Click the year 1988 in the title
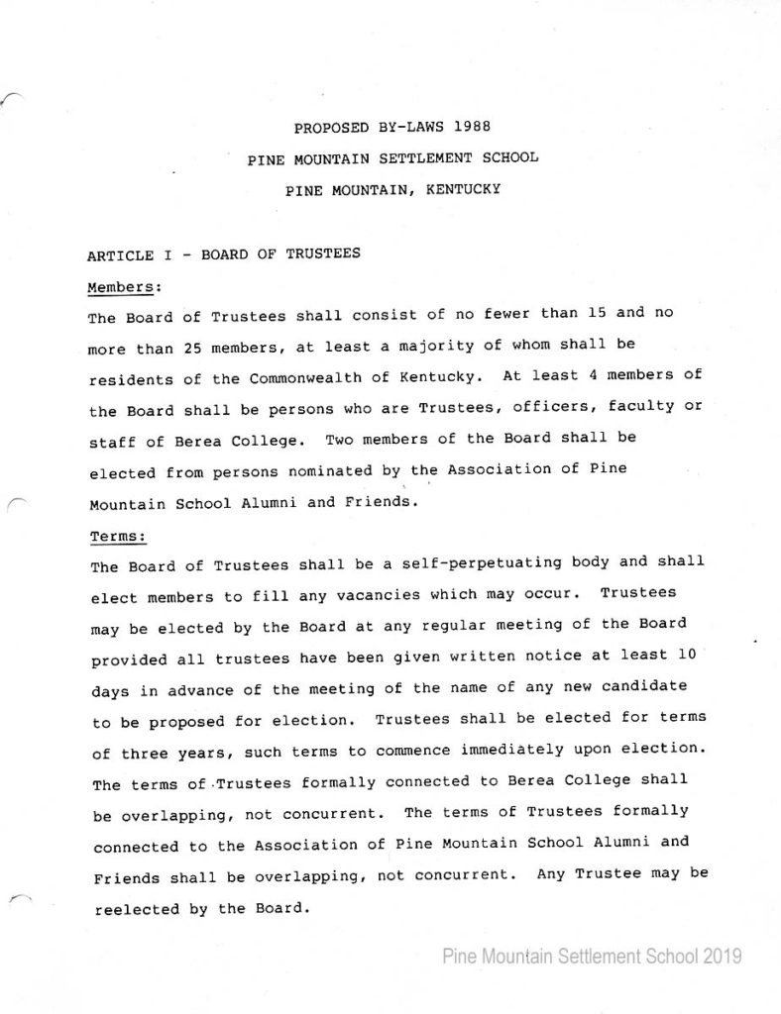tap(472, 127)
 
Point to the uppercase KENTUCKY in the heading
tap(463, 188)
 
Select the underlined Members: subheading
tap(124, 286)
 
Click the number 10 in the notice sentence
tap(685, 654)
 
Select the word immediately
tap(529, 750)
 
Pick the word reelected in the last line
tap(137, 909)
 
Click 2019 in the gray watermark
tap(723, 957)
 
